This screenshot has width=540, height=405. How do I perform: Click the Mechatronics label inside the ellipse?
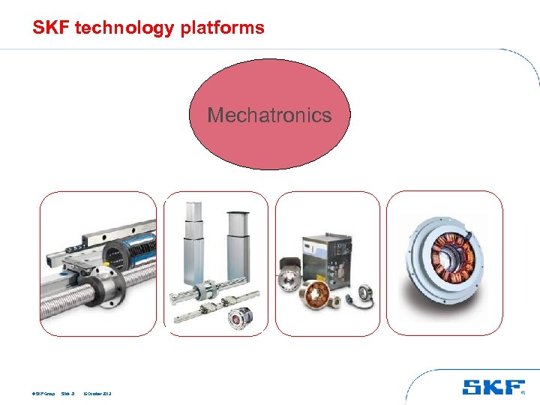tap(269, 115)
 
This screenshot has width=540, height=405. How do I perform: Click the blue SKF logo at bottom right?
tap(493, 387)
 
